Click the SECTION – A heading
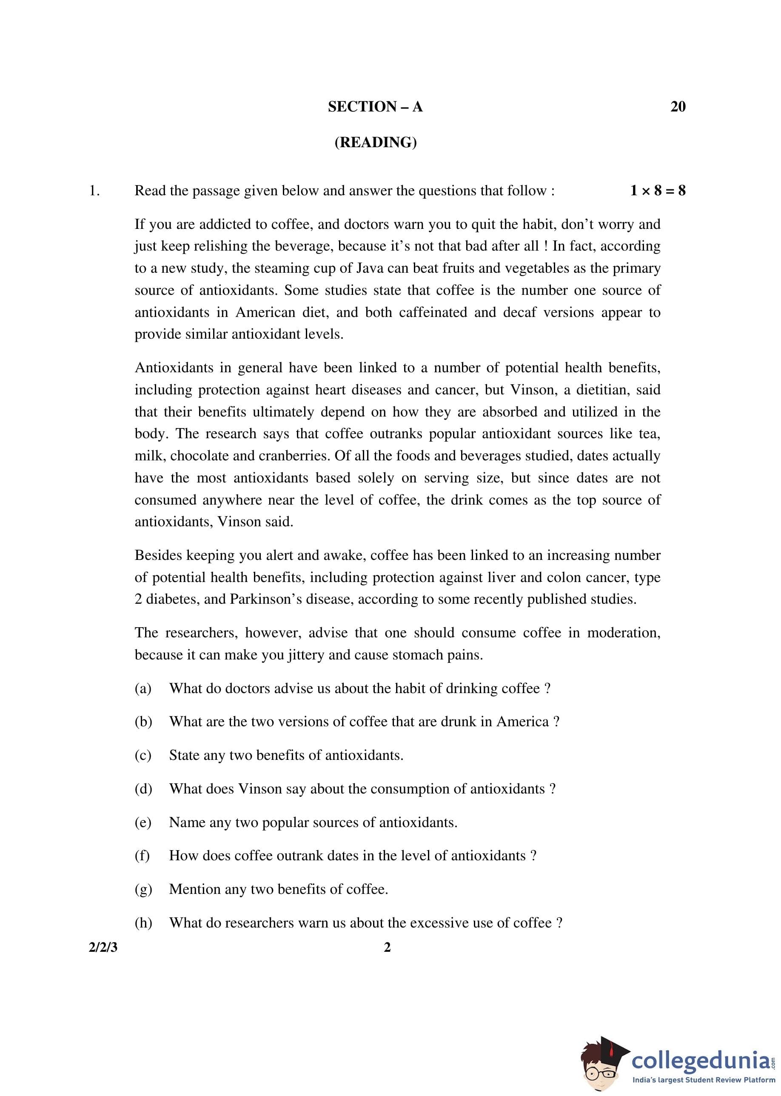[375, 106]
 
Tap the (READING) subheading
[376, 143]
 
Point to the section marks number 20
[678, 106]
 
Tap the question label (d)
[143, 789]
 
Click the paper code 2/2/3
[103, 948]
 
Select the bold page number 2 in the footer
[387, 948]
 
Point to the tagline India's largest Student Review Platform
[704, 1080]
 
